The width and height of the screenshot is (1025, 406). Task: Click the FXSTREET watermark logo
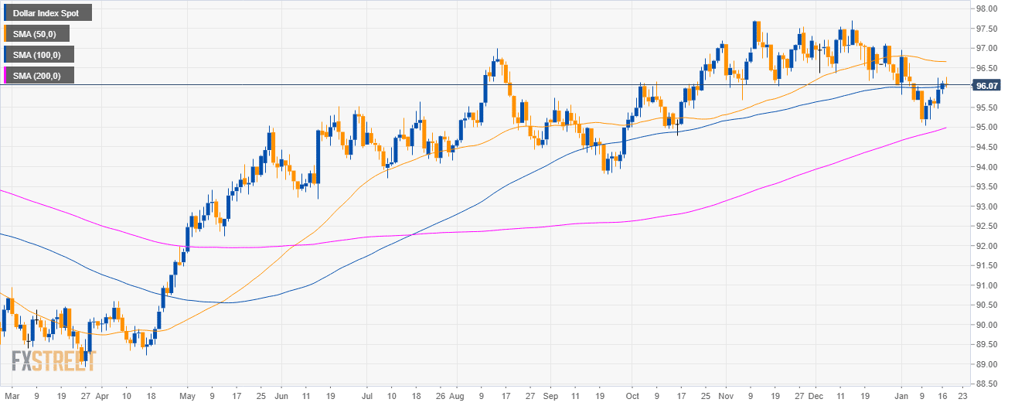[53, 361]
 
